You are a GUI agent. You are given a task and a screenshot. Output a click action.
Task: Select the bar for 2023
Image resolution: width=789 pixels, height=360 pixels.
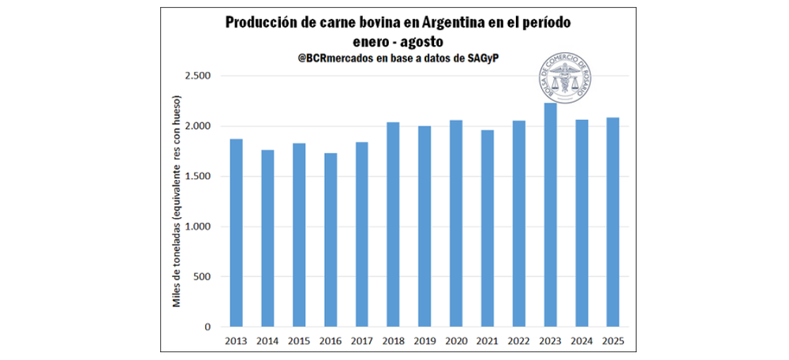point(550,215)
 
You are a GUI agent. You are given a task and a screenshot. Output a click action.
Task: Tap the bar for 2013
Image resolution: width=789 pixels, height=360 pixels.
point(236,232)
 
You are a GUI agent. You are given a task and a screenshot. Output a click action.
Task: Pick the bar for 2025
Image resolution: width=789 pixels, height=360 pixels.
point(612,222)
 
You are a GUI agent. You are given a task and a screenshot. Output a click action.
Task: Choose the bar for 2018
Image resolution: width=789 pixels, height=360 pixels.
point(393,224)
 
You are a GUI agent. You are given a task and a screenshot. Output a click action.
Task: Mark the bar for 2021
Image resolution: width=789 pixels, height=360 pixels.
point(487,228)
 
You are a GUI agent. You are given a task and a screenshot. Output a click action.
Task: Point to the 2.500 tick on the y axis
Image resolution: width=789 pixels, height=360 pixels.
point(198,76)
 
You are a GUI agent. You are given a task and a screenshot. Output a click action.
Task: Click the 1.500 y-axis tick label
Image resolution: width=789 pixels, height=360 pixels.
point(198,176)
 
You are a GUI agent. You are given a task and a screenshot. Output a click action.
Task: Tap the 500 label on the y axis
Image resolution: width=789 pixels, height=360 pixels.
point(203,276)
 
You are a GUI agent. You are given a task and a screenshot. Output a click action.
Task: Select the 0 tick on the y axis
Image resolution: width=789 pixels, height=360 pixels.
point(208,327)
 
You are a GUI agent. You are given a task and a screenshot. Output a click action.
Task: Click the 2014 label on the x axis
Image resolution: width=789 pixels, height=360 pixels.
point(267,341)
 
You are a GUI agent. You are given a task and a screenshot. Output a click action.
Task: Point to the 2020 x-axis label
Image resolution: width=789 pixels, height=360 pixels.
point(455,341)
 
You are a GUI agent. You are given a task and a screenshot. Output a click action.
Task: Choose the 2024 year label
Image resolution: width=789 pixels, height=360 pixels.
point(581,341)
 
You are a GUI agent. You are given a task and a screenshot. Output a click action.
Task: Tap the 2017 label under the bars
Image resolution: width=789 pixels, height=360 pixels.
point(361,341)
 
